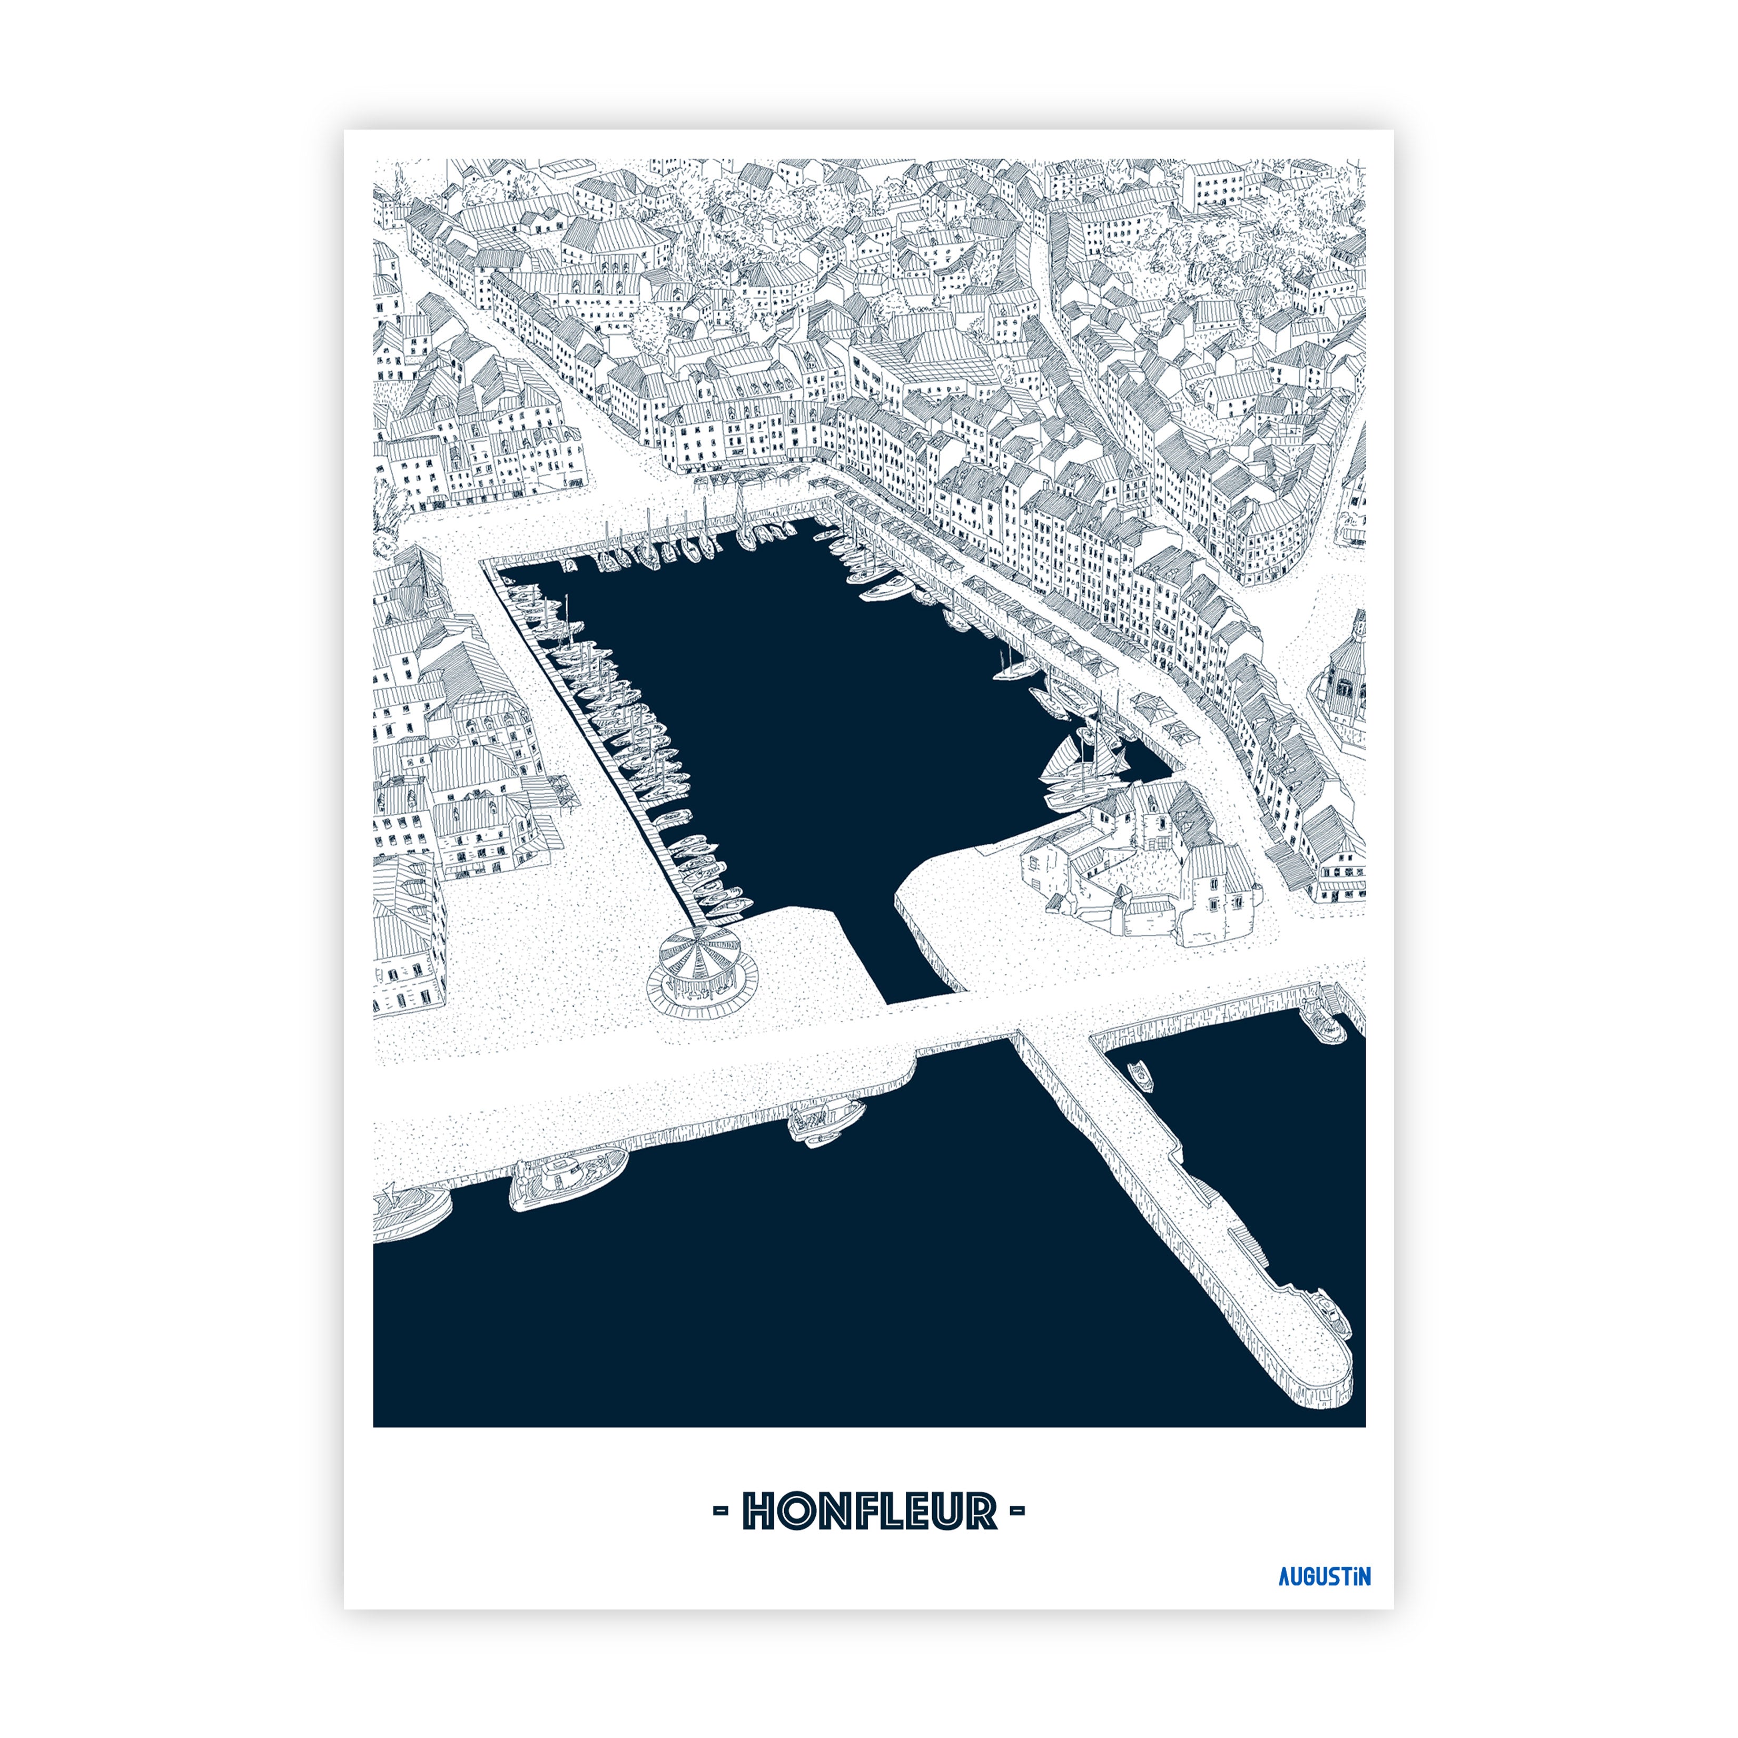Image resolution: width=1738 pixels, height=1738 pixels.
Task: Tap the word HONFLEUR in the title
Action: tap(869, 1512)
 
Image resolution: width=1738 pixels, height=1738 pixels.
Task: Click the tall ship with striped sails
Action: tap(1080, 760)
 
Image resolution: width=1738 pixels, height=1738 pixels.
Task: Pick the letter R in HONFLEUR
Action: tap(982, 1512)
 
